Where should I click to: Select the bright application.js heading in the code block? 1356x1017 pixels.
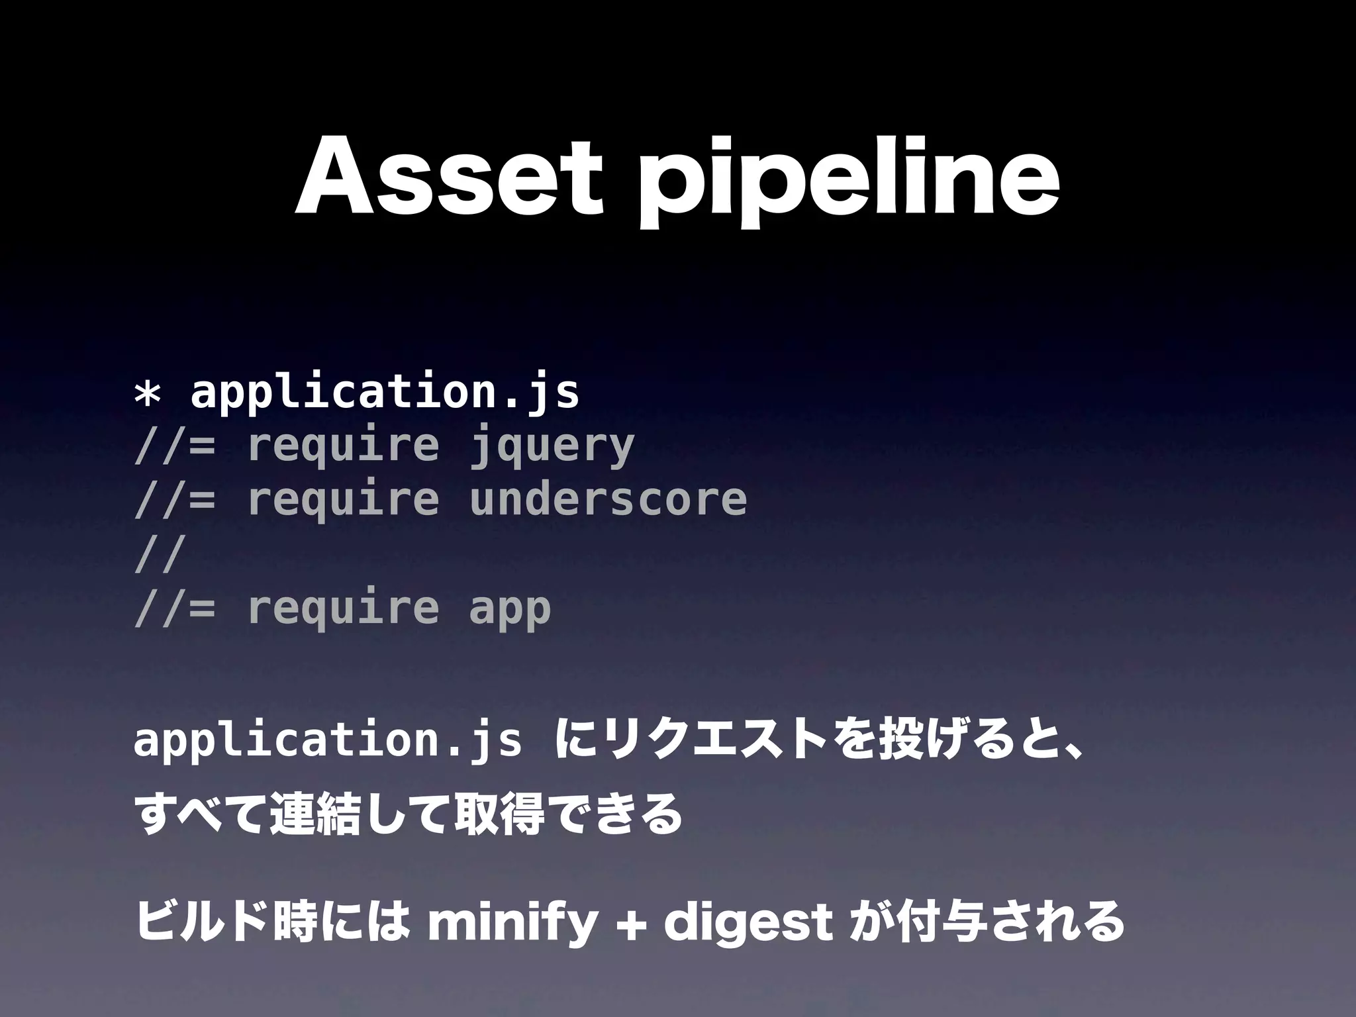tap(385, 393)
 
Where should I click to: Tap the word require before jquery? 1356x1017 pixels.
tap(343, 445)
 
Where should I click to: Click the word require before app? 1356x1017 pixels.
tap(343, 608)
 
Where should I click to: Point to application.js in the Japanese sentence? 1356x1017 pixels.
tap(327, 742)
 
